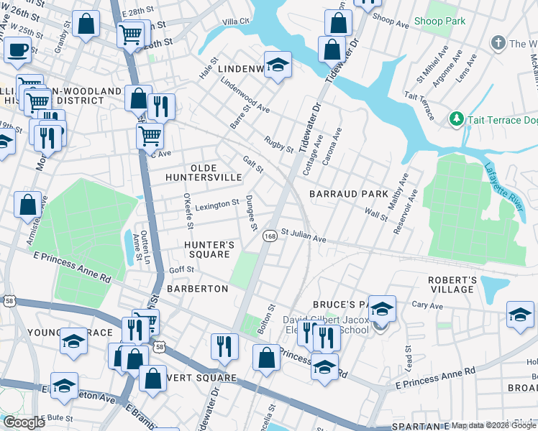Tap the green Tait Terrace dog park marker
point(455,119)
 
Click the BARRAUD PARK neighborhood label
point(349,194)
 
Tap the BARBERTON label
point(197,288)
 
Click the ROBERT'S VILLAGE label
point(452,284)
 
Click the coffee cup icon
point(17,50)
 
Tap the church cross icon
point(497,43)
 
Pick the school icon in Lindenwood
point(278,66)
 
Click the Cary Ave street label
point(427,305)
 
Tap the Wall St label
point(376,214)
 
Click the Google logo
point(24,422)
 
